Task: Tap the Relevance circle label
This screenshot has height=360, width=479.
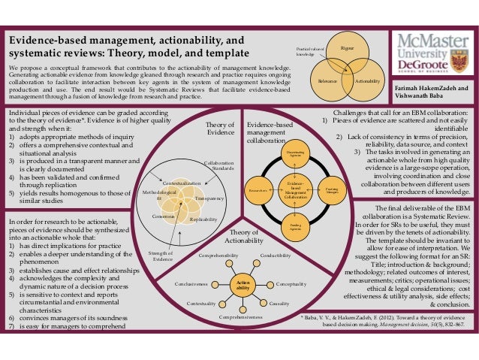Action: [327, 80]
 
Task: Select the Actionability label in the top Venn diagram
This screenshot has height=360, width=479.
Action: [367, 80]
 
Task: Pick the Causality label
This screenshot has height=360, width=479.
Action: [279, 303]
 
